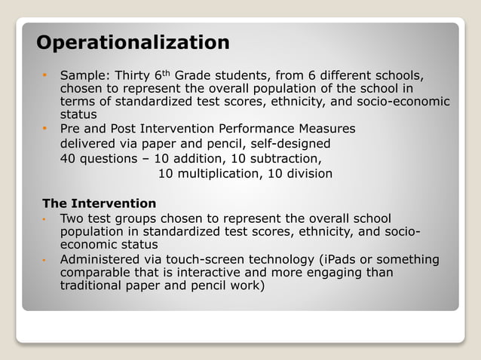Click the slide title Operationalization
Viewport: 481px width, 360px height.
tap(133, 42)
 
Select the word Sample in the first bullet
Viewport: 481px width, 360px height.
tap(83, 76)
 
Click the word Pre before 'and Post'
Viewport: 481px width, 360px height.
tap(71, 129)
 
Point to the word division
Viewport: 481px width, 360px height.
tap(305, 174)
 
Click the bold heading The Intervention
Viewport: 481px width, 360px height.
tap(100, 203)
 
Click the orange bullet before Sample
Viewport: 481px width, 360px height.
tap(45, 76)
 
